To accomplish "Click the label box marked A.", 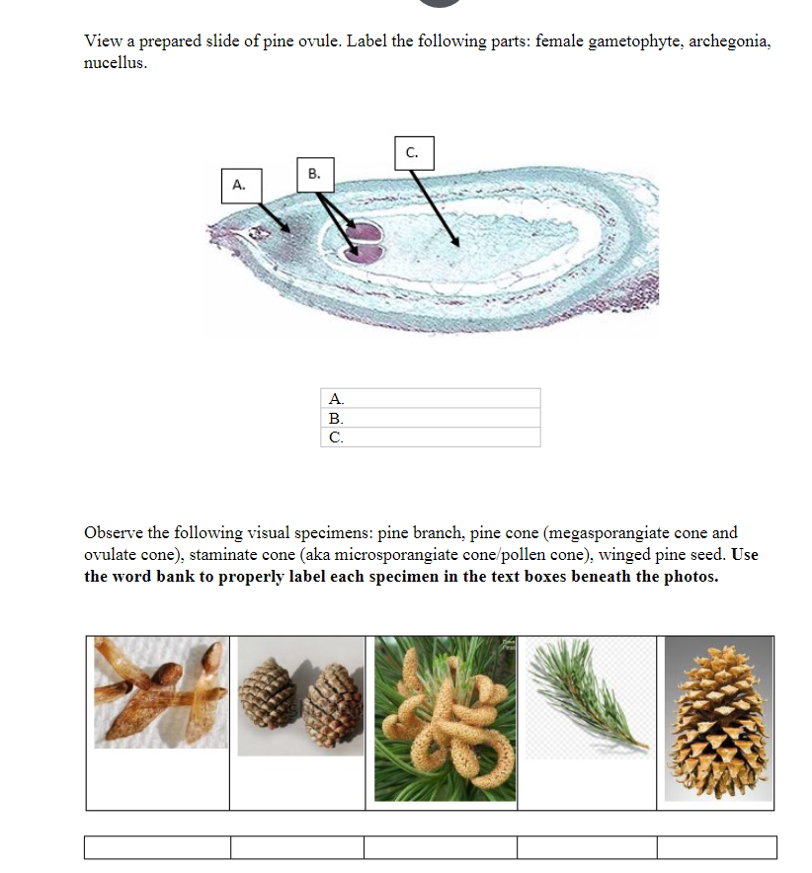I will click(x=238, y=185).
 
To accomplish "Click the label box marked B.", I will click(x=314, y=173).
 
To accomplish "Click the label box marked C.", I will click(x=412, y=152).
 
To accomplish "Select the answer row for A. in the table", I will click(x=431, y=399).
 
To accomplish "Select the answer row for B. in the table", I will click(x=431, y=418).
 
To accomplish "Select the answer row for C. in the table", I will click(x=431, y=436).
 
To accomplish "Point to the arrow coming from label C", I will click(x=435, y=208).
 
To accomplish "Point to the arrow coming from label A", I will click(x=273, y=217).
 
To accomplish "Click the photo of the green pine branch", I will click(x=587, y=697).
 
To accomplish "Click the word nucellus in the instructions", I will click(x=115, y=61).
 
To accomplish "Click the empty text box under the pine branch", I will click(x=587, y=847).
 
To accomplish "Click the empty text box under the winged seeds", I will click(x=158, y=847).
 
